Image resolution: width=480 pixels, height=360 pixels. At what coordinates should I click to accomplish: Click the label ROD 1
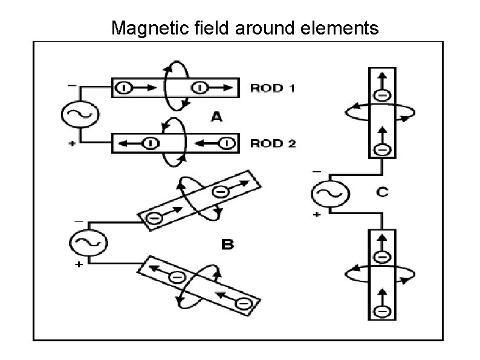pyautogui.click(x=273, y=88)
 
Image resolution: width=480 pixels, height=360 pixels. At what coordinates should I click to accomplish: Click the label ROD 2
pyautogui.click(x=273, y=143)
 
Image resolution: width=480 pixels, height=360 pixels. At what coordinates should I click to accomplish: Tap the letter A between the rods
pyautogui.click(x=216, y=117)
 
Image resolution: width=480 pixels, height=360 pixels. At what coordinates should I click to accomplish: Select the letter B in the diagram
pyautogui.click(x=227, y=244)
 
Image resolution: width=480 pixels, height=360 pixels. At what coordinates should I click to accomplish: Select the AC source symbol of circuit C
pyautogui.click(x=329, y=194)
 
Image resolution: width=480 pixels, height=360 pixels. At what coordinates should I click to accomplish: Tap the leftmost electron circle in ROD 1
pyautogui.click(x=123, y=88)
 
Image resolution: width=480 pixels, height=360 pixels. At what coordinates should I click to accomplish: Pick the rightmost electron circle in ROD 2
pyautogui.click(x=225, y=143)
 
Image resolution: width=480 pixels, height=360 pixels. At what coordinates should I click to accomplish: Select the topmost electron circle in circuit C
pyautogui.click(x=382, y=95)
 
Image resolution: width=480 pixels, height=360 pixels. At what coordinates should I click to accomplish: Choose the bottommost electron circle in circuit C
pyautogui.click(x=382, y=312)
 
